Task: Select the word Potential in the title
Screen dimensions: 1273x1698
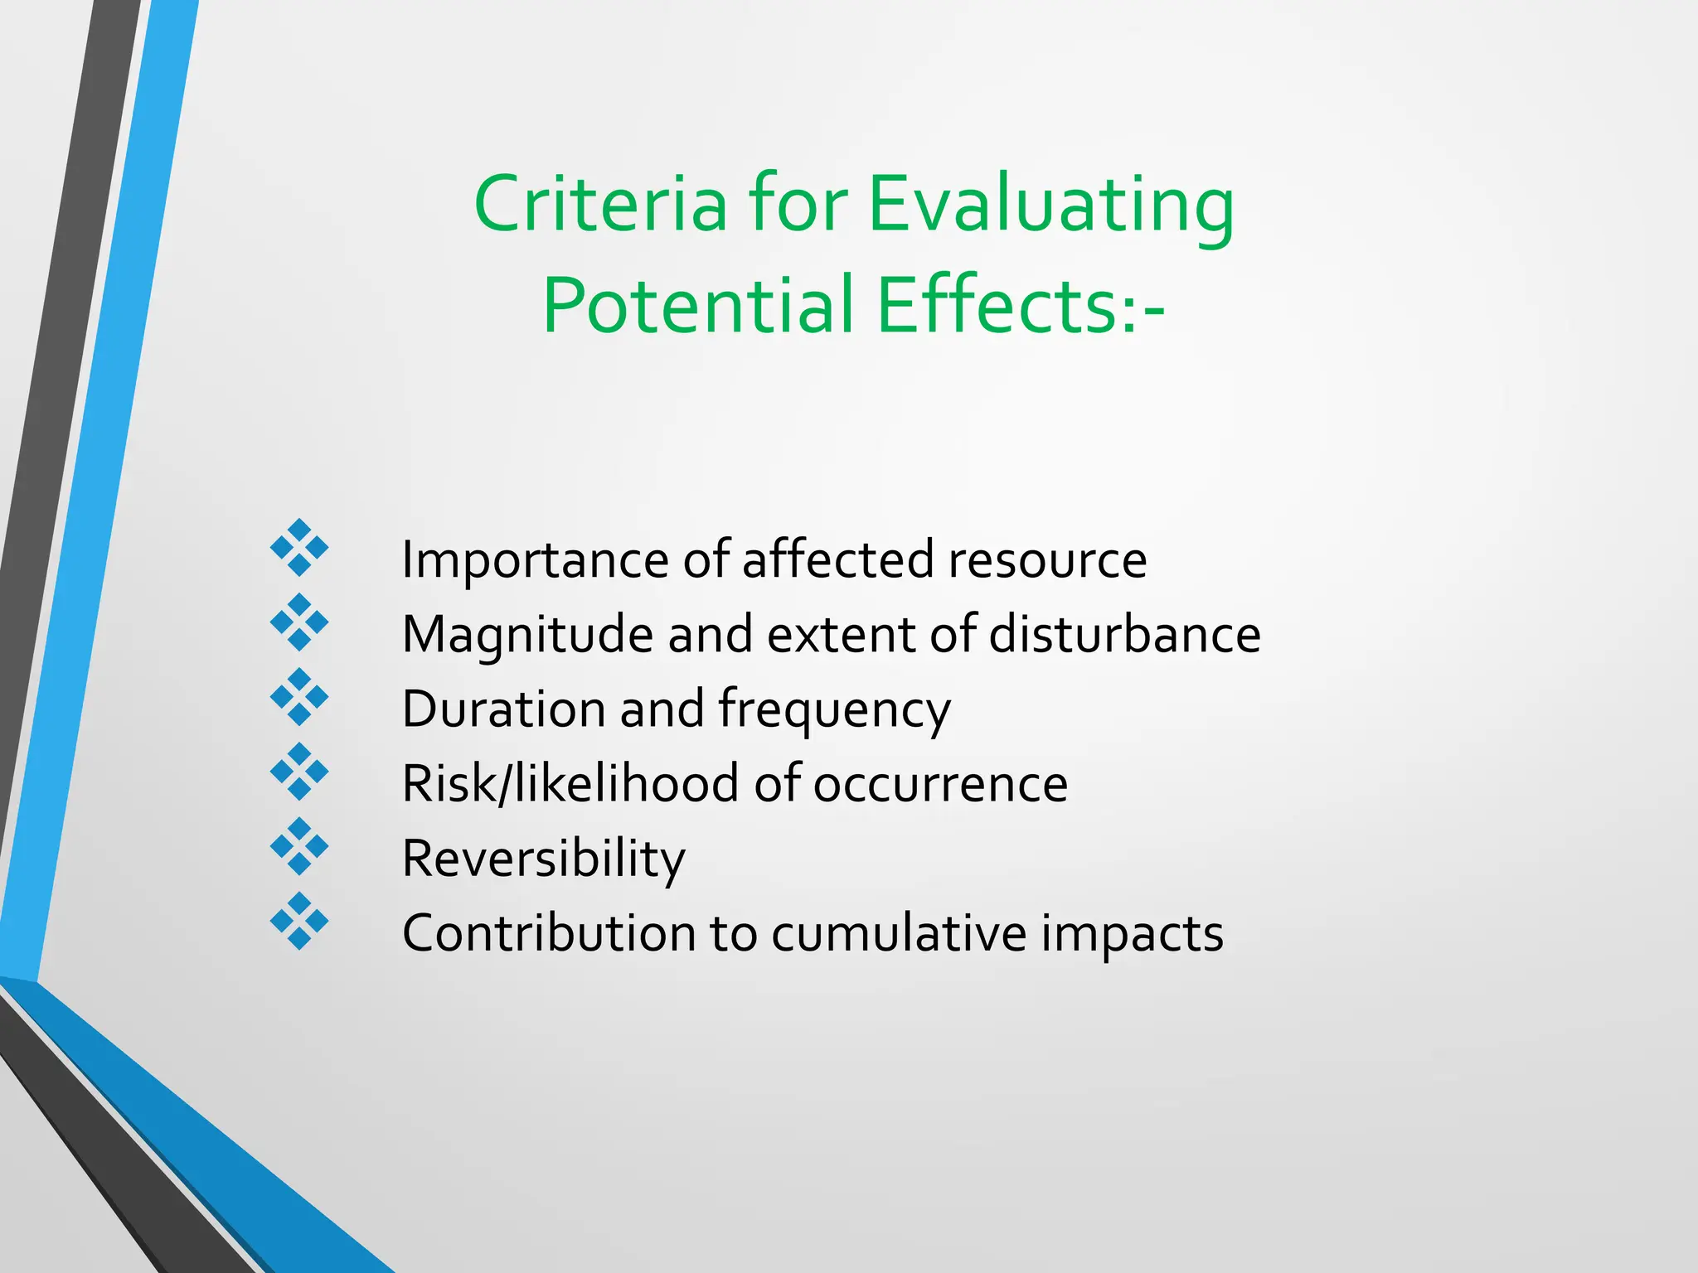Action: [698, 306]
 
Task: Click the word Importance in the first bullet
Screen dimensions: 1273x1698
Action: [534, 561]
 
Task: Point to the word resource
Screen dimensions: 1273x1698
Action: [1047, 561]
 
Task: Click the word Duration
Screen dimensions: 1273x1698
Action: [503, 710]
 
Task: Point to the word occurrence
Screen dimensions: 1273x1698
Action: [940, 785]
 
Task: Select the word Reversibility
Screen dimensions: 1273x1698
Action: [543, 859]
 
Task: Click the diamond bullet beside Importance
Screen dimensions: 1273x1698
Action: [299, 548]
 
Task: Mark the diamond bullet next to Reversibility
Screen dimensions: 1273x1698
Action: [299, 846]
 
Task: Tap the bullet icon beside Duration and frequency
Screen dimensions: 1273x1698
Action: [299, 697]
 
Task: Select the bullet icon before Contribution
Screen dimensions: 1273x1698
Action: [299, 921]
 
